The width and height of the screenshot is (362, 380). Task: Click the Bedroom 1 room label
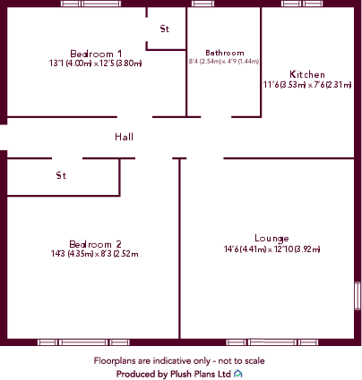[96, 54]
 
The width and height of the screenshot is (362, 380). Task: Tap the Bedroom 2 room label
[95, 244]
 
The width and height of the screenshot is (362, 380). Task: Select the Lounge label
[271, 239]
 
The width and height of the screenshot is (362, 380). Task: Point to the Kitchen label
[307, 74]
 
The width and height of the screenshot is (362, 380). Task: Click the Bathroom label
[225, 53]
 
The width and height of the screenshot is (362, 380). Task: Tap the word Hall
[124, 137]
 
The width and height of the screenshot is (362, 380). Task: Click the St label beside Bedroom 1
[165, 29]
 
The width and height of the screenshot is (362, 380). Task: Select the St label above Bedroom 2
[61, 175]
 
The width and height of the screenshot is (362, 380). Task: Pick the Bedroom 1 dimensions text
[95, 63]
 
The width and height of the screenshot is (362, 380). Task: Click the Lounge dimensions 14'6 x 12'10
[271, 249]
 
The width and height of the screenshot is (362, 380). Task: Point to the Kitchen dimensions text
[307, 85]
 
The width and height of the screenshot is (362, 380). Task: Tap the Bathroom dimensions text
[224, 62]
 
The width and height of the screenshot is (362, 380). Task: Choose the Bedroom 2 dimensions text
[95, 254]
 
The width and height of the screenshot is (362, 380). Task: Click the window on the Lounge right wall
[358, 296]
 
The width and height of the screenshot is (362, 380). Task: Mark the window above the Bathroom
[203, 4]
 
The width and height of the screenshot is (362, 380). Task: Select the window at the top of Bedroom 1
[90, 4]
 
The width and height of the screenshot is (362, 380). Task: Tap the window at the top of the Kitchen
[302, 4]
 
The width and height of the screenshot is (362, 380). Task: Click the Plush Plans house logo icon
[238, 374]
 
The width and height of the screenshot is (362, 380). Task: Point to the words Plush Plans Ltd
[201, 374]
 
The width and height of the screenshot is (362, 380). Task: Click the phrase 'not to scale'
[241, 361]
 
